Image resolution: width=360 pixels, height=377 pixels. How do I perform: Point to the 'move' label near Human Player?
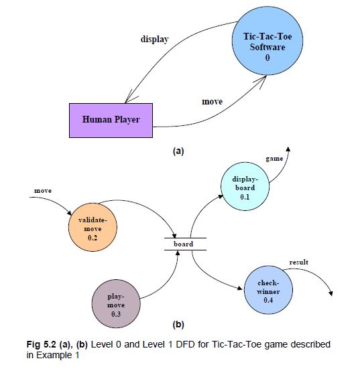tap(213, 102)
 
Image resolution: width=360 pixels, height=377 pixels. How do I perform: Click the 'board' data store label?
tap(183, 244)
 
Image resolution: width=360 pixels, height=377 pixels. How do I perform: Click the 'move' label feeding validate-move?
tap(44, 192)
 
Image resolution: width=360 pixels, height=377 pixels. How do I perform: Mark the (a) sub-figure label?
tap(178, 151)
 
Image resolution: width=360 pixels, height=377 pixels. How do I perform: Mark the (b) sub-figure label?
tap(178, 325)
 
